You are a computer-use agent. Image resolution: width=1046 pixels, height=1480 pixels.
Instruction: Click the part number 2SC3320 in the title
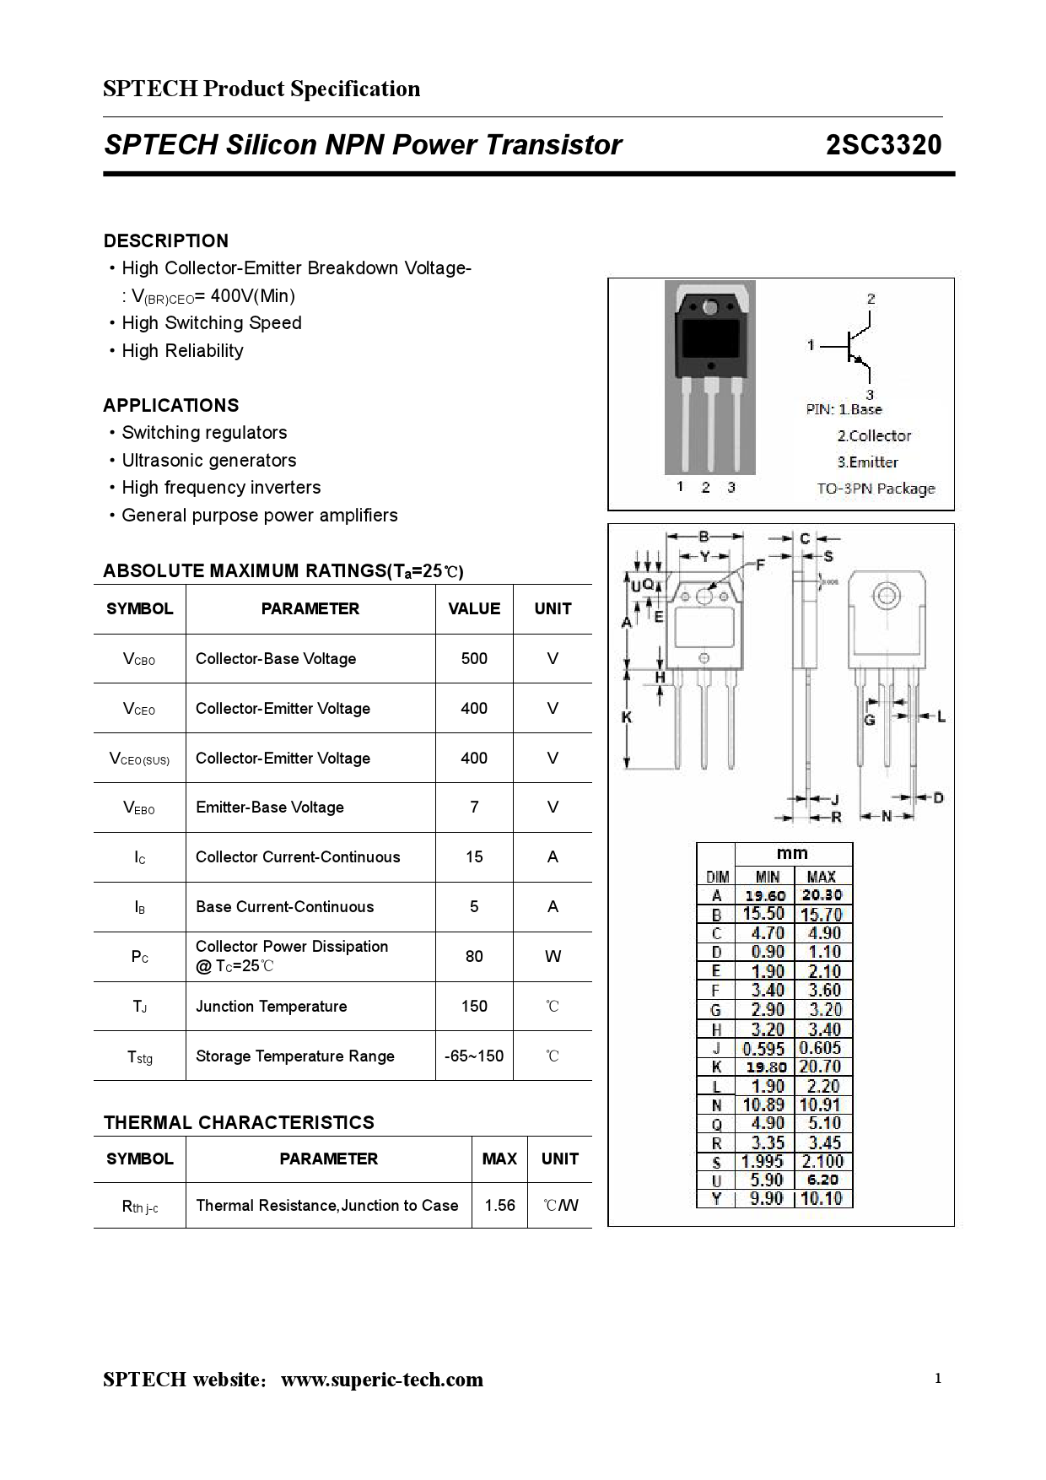883,145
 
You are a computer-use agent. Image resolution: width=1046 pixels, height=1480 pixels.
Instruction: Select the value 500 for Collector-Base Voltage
474,658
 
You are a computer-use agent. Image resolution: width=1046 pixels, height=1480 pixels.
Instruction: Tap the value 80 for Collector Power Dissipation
474,956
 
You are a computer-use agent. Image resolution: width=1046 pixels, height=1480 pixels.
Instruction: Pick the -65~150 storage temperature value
474,1056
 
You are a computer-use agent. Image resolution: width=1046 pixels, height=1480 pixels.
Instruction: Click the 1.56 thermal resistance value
499,1205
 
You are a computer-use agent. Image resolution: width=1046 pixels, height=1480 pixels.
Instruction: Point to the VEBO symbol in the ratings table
139,808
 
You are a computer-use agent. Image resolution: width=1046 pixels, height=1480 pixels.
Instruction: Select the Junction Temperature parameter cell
272,1006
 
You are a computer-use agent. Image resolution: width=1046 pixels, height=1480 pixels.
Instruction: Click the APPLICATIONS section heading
171,405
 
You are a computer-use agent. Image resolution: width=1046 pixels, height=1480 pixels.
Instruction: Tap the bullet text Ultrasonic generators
209,460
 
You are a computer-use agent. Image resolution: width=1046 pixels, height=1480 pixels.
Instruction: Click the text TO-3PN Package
876,489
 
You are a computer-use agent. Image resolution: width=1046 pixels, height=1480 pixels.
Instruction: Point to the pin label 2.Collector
874,436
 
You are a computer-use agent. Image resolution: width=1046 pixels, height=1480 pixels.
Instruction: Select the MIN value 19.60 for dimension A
765,895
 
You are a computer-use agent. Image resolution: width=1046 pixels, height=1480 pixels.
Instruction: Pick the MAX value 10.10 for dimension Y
822,1198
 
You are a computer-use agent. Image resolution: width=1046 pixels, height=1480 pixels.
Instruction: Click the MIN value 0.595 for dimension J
763,1048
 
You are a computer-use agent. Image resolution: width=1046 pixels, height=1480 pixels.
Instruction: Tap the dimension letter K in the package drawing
627,717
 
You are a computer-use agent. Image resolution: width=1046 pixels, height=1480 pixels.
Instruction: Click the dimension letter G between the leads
870,720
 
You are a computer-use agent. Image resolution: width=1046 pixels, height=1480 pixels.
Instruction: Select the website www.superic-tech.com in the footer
382,1380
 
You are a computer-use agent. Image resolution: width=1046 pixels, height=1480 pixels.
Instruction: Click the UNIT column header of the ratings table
553,608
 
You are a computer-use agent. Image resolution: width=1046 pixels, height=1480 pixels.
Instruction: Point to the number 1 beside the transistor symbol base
811,344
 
